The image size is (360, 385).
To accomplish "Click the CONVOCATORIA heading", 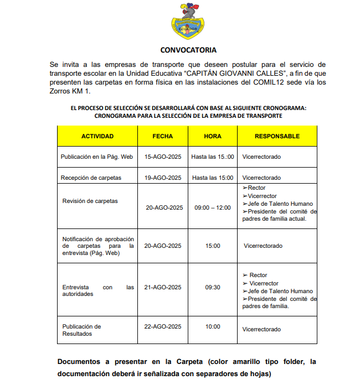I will click(x=188, y=50).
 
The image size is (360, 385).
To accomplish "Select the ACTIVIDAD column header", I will click(x=97, y=136).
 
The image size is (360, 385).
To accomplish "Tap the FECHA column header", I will click(x=163, y=136).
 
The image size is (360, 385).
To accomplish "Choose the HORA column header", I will click(x=213, y=136).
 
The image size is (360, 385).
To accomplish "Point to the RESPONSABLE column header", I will click(x=277, y=136).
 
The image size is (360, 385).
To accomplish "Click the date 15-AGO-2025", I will click(x=163, y=157).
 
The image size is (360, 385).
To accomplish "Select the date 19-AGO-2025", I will click(x=163, y=178).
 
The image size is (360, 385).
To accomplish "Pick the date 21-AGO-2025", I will click(x=163, y=287).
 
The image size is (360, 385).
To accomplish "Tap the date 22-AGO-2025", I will click(x=163, y=326).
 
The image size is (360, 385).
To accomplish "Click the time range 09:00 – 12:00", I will click(x=213, y=207).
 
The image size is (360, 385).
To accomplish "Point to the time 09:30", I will click(x=213, y=287).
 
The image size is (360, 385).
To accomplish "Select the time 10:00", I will click(x=213, y=326).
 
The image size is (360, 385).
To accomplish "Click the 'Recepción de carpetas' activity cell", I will click(x=92, y=178).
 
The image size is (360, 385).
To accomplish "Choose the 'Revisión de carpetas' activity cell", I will click(x=90, y=201).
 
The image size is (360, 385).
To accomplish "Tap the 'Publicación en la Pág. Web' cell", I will click(x=97, y=157).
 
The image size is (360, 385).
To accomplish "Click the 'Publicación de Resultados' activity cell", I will click(x=82, y=330).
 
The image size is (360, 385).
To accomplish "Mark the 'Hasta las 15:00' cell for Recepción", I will click(x=213, y=178).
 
